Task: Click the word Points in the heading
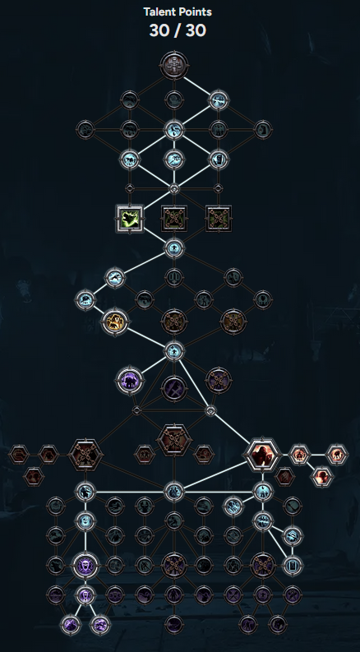click(195, 12)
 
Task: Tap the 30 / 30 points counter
click(178, 30)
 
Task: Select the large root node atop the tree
click(174, 65)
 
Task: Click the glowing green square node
click(130, 219)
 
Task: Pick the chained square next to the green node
click(174, 219)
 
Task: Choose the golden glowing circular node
click(115, 321)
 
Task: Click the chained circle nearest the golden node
click(174, 321)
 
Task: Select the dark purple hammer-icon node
click(174, 389)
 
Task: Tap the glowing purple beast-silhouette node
click(130, 380)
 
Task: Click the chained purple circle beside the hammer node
click(219, 380)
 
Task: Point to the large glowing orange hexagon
click(262, 455)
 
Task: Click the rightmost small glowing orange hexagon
click(337, 455)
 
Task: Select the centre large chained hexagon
click(174, 440)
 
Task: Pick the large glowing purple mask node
click(85, 566)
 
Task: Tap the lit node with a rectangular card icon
click(293, 566)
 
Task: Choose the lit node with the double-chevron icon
click(293, 536)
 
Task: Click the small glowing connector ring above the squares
click(174, 189)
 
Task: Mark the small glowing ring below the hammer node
click(210, 411)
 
